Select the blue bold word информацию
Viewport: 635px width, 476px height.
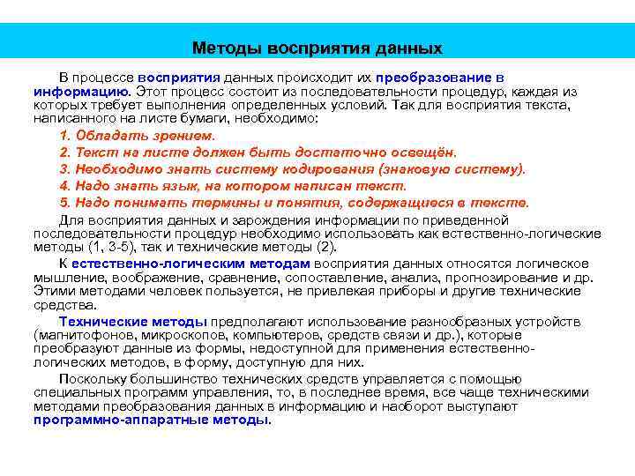tap(82, 91)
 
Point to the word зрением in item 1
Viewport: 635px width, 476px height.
tap(186, 136)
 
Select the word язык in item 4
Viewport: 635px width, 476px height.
tap(176, 186)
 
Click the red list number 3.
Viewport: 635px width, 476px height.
tap(63, 169)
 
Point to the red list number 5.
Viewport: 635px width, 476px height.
tap(63, 203)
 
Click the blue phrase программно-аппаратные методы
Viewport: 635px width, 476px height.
tap(151, 420)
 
